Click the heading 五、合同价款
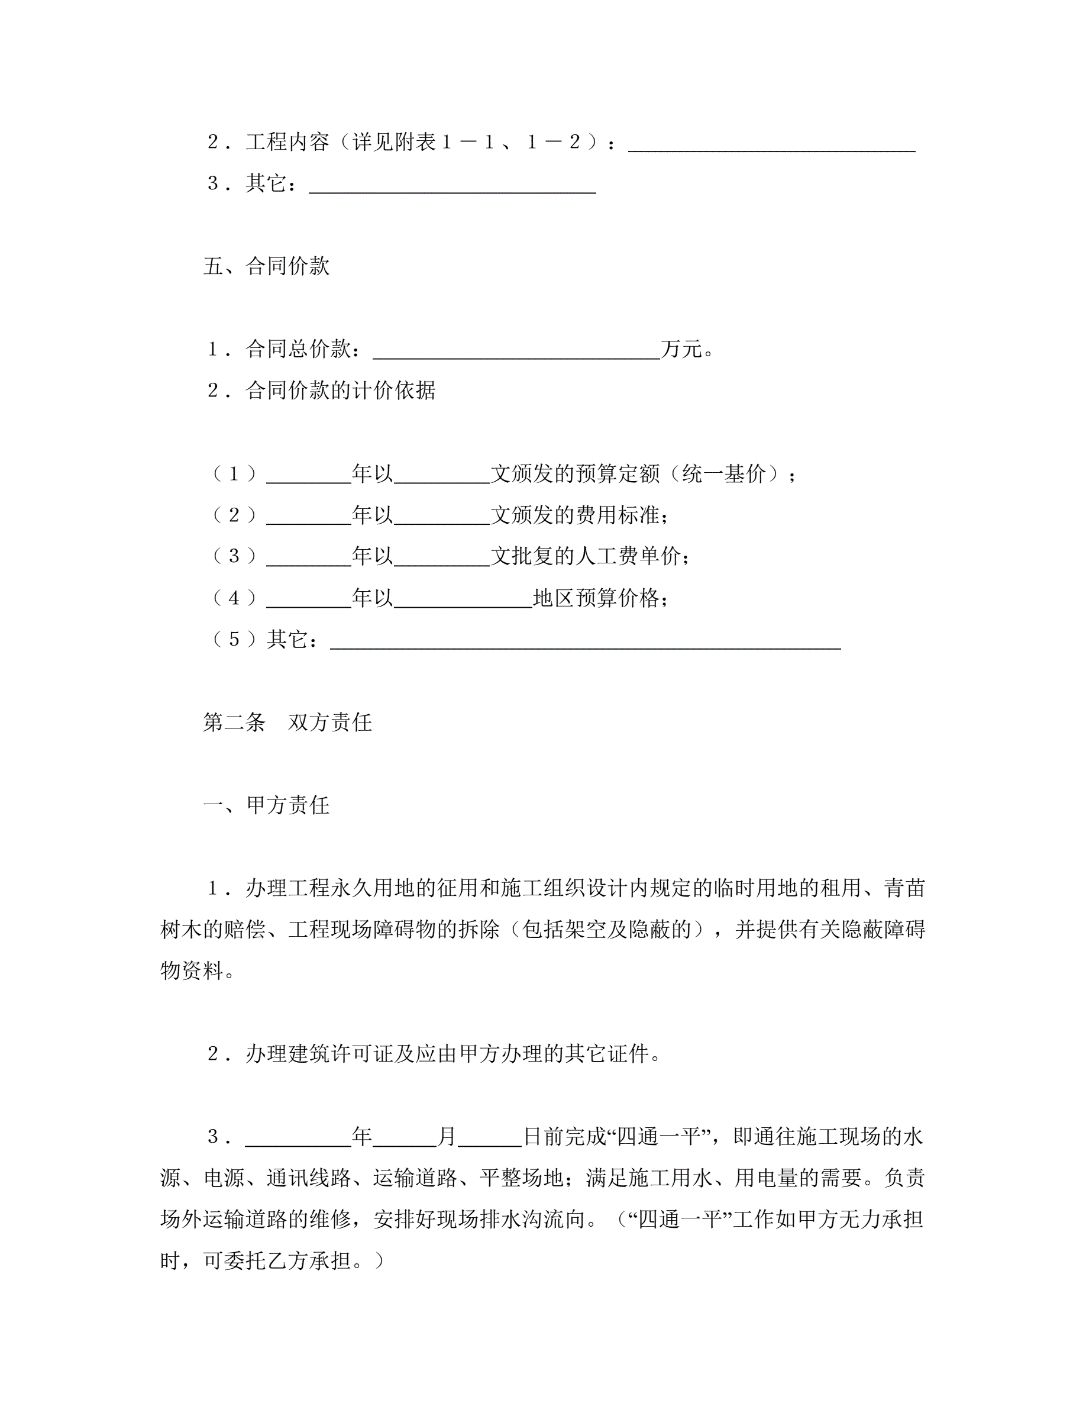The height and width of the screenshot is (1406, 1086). click(266, 266)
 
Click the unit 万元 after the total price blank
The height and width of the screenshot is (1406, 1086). click(681, 349)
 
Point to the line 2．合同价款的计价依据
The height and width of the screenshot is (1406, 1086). click(322, 390)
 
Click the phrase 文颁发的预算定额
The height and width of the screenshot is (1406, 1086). click(575, 474)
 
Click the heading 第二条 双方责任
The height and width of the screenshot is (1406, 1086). click(287, 723)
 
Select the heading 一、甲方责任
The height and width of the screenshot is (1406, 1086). click(266, 805)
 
